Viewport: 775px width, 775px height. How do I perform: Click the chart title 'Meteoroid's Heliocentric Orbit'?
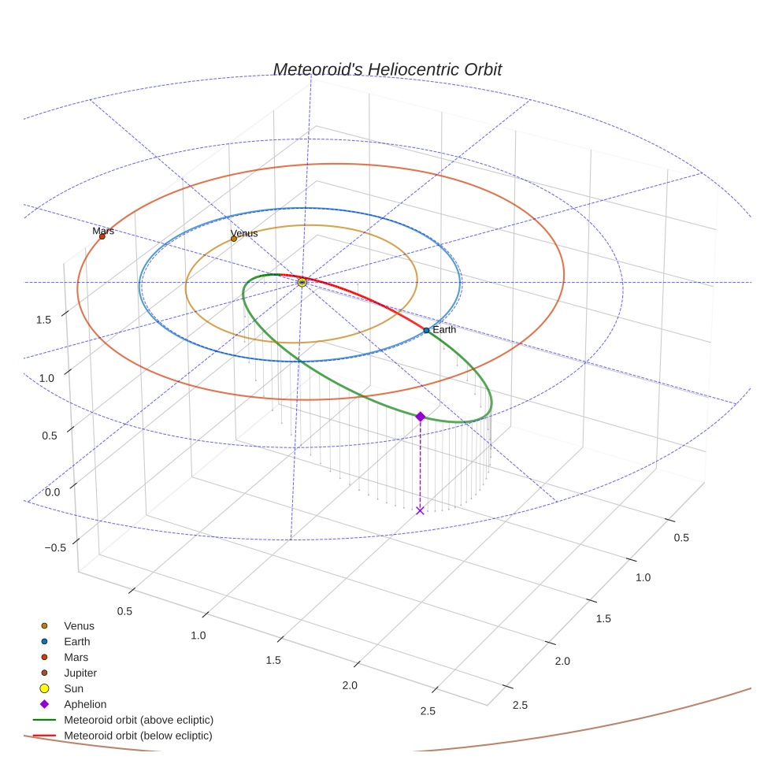(387, 69)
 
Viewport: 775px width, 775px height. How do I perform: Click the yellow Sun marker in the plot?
(302, 282)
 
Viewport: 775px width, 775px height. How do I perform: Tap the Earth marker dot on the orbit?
(426, 330)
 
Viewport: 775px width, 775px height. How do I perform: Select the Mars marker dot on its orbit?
(102, 236)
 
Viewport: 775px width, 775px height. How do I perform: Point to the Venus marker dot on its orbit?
(234, 238)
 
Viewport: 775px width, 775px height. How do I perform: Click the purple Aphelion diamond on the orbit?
(420, 416)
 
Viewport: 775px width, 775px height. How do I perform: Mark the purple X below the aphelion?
(420, 510)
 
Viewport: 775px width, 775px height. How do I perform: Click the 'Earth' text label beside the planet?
(444, 329)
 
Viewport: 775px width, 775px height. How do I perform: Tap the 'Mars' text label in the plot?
(103, 231)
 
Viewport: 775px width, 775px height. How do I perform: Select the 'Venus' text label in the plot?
(244, 233)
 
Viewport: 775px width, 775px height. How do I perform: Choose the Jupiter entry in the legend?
(80, 673)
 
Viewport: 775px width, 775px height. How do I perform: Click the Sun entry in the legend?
(73, 688)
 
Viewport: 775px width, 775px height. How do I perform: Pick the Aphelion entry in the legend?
(85, 704)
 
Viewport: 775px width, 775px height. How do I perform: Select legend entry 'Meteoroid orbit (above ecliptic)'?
(139, 720)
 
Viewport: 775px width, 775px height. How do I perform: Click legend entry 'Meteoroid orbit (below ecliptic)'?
(138, 736)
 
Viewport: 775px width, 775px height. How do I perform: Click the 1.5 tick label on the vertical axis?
(44, 320)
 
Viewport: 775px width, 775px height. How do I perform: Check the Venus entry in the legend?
(79, 626)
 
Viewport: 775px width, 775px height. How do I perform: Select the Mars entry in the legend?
(76, 657)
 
